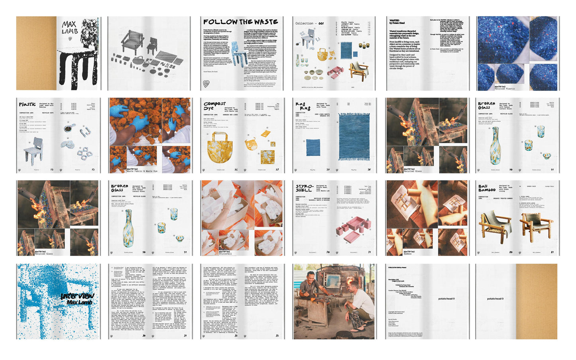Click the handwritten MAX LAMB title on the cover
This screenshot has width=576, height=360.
click(x=69, y=28)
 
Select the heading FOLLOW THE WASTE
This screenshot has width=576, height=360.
click(x=240, y=22)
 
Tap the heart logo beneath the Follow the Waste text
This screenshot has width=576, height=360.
click(x=206, y=84)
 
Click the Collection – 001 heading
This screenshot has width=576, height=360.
click(x=309, y=24)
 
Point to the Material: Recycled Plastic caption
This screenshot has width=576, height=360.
click(x=505, y=87)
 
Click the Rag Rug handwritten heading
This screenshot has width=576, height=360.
click(x=303, y=106)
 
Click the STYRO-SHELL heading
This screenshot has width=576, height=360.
click(x=304, y=188)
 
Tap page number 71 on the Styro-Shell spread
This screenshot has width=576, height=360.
click(x=369, y=252)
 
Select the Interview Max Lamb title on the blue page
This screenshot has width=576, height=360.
click(x=77, y=299)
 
